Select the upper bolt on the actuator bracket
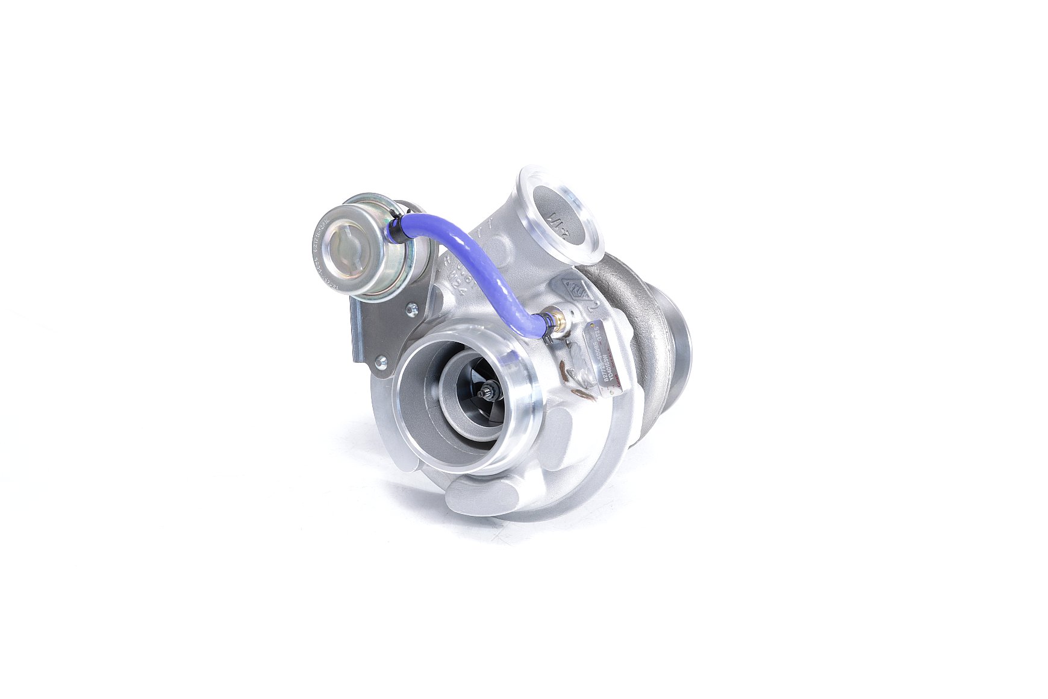[413, 310]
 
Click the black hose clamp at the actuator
[395, 225]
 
